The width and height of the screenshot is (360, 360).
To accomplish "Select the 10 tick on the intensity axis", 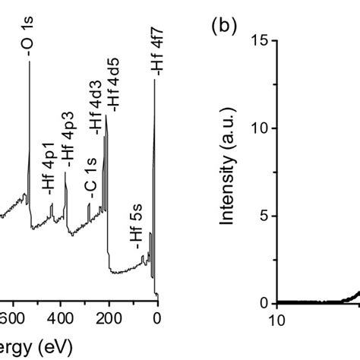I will coord(258,128).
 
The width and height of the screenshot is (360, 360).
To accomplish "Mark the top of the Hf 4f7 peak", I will coord(155,79).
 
